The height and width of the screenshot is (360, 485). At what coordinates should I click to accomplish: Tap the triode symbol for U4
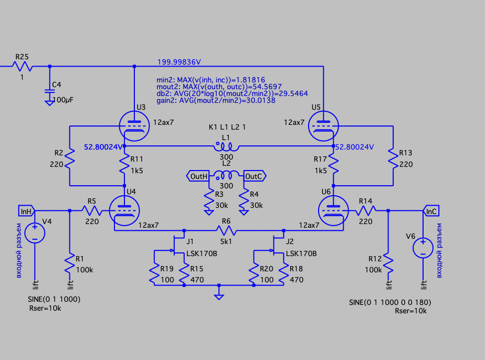[124, 210]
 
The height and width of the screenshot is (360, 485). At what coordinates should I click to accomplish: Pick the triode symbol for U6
[333, 210]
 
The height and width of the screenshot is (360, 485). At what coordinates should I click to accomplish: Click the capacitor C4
[50, 90]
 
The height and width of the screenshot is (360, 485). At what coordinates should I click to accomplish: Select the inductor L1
[226, 146]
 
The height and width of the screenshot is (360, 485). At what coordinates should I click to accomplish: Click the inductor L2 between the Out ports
[226, 176]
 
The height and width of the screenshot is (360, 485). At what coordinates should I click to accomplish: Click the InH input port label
[26, 211]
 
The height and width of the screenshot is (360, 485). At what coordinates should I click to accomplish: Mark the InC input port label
[431, 211]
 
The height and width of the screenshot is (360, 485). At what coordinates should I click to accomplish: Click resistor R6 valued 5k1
[226, 230]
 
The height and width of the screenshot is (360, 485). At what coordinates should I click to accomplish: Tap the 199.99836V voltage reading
[179, 62]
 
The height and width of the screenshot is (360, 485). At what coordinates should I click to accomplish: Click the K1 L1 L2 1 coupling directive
[227, 128]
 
